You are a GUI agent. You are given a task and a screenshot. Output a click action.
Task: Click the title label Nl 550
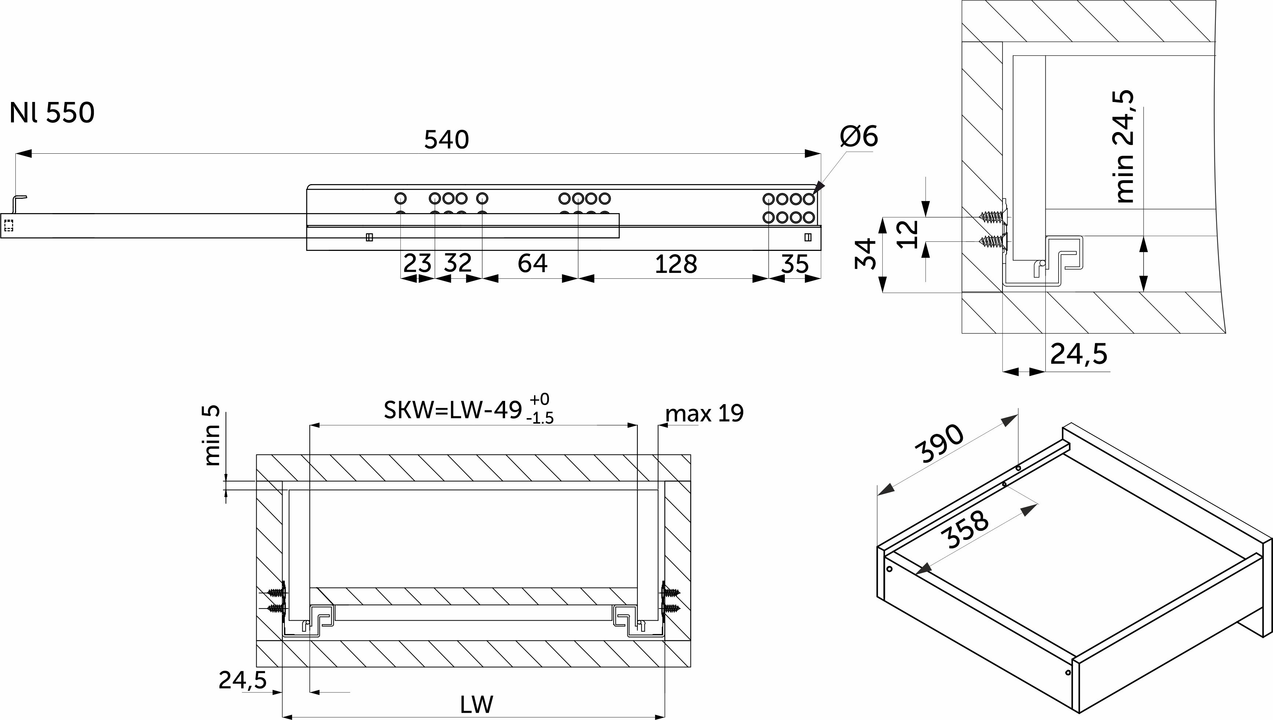pos(52,113)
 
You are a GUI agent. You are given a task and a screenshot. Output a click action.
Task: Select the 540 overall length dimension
pos(446,140)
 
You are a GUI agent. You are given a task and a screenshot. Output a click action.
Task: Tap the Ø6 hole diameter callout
pos(859,136)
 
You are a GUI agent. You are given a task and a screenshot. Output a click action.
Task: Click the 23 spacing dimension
pos(417,263)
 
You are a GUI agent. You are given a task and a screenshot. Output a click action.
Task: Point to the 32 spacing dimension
pos(457,263)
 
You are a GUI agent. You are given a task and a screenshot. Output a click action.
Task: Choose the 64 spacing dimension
pos(532,263)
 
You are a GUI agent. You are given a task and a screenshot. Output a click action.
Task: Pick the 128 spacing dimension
pos(676,264)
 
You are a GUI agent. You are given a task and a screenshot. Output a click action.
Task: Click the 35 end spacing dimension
pos(795,264)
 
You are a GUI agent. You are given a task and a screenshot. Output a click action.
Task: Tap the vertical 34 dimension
pos(865,254)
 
